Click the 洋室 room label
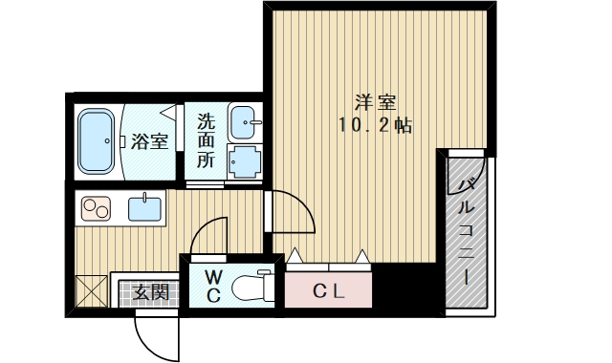pyautogui.click(x=376, y=102)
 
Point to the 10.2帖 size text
pyautogui.click(x=375, y=125)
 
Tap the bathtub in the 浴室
pyautogui.click(x=96, y=141)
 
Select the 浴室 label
pyautogui.click(x=149, y=141)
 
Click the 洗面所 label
pyautogui.click(x=206, y=140)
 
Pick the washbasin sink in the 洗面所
pyautogui.click(x=245, y=122)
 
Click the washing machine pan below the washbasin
pyautogui.click(x=245, y=161)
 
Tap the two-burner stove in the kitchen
pyautogui.click(x=96, y=208)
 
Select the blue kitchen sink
pyautogui.click(x=144, y=208)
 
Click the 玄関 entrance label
pyautogui.click(x=150, y=291)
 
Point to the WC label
pyautogui.click(x=213, y=287)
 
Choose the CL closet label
pyautogui.click(x=329, y=290)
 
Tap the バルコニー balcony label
pyautogui.click(x=467, y=232)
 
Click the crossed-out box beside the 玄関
pyautogui.click(x=91, y=290)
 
